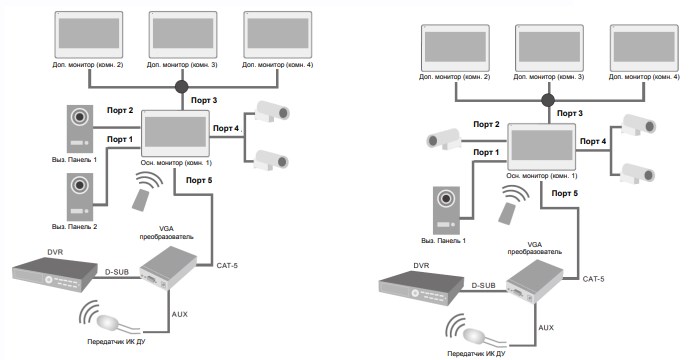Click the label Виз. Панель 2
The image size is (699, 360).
click(x=81, y=226)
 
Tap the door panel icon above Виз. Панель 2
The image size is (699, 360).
click(x=80, y=196)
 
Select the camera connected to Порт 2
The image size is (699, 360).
click(x=444, y=139)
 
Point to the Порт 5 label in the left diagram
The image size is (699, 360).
click(x=199, y=180)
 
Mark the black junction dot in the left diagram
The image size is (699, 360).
click(x=181, y=87)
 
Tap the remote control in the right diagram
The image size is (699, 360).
click(x=507, y=212)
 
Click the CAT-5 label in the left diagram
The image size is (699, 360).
click(x=227, y=266)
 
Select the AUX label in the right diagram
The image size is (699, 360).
click(x=546, y=327)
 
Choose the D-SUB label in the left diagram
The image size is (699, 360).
click(x=116, y=270)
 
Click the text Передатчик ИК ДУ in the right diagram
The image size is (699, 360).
click(x=477, y=354)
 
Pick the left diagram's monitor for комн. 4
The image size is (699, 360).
click(x=278, y=35)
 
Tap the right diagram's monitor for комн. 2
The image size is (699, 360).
click(x=455, y=47)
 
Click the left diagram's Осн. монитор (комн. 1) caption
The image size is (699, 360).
click(x=177, y=163)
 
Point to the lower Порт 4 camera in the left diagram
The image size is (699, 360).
click(x=271, y=160)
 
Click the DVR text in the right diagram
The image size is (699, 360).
click(x=421, y=266)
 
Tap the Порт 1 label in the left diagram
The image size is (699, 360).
click(x=120, y=139)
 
